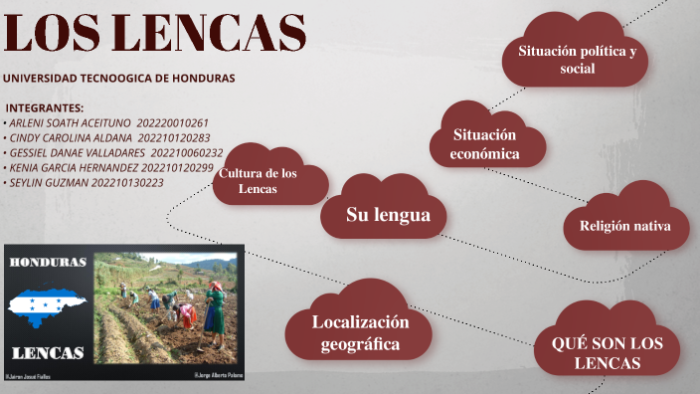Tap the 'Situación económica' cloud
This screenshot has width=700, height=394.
(485, 144)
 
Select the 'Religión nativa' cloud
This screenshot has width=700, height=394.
(625, 226)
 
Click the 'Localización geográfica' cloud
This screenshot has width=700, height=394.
(360, 333)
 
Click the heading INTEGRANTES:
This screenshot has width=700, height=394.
(45, 108)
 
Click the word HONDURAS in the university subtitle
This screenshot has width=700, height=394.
(195, 78)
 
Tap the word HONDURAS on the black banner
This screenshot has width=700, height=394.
(48, 262)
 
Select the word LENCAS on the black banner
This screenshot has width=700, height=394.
(48, 352)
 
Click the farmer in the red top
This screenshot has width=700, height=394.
(214, 308)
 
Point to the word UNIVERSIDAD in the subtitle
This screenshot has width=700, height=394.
(41, 78)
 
